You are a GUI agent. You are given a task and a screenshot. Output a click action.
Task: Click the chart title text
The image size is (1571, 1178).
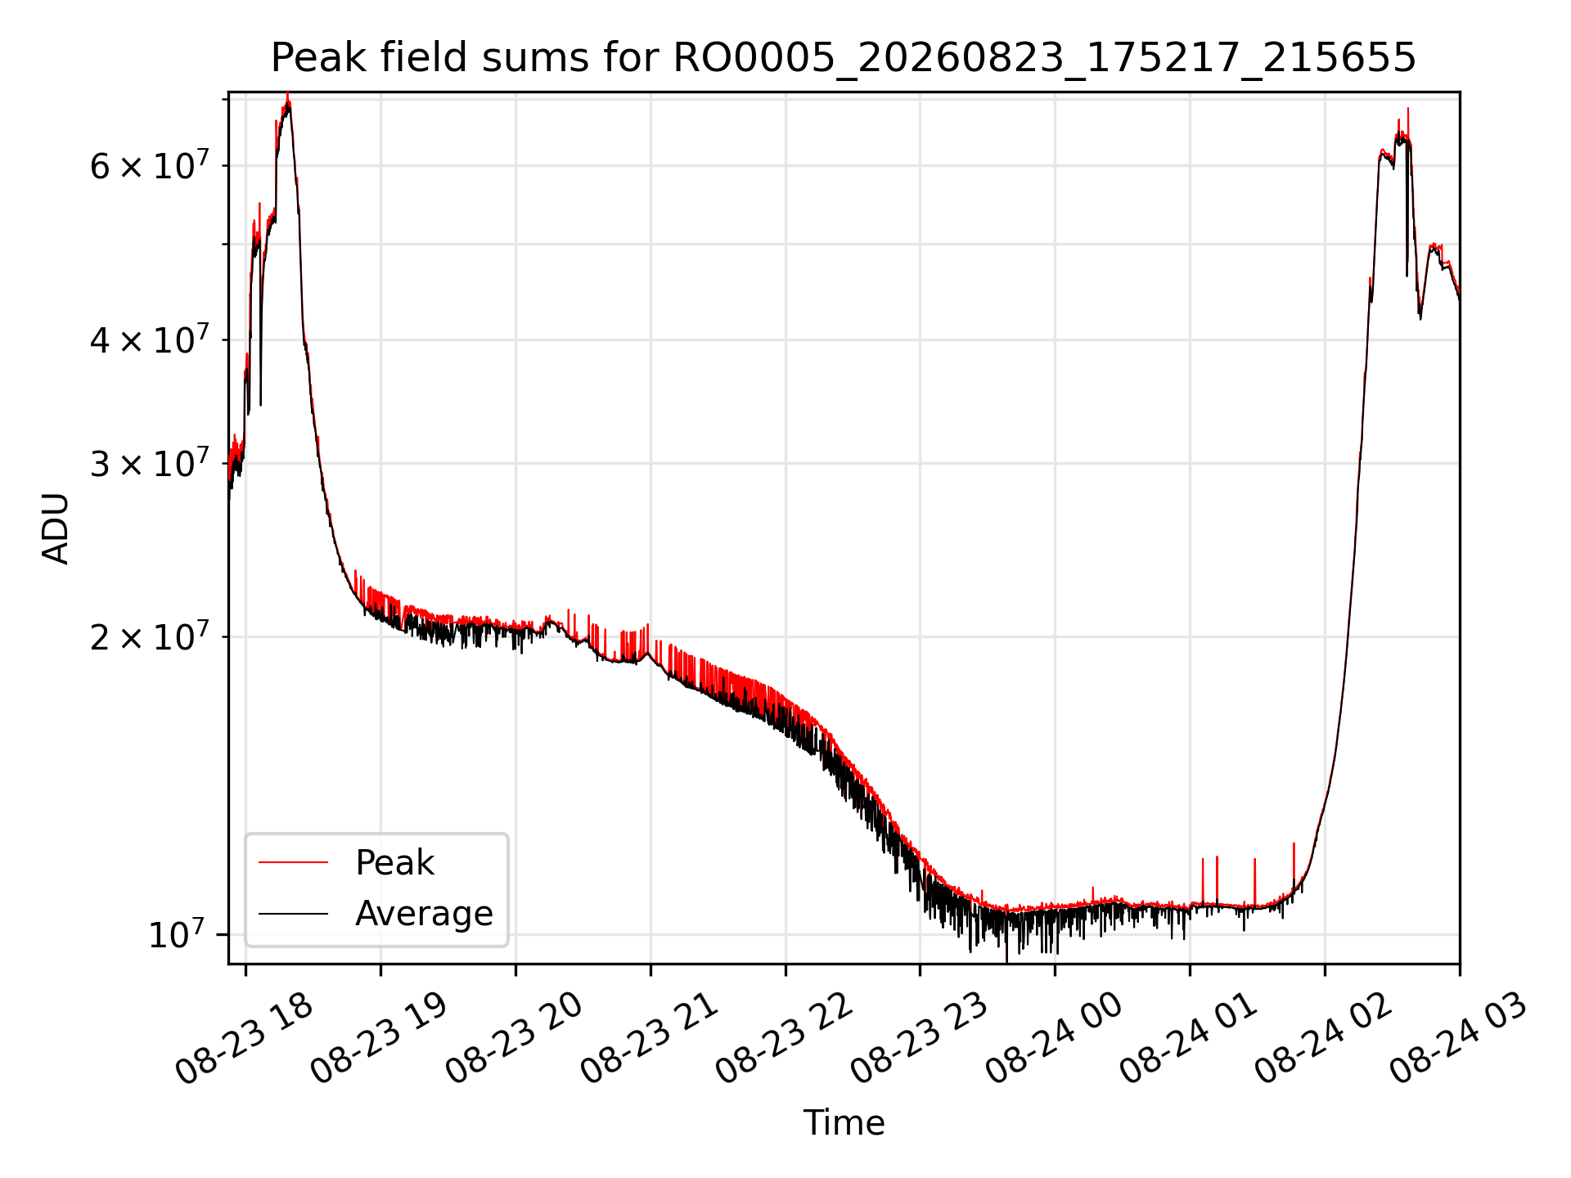click(843, 58)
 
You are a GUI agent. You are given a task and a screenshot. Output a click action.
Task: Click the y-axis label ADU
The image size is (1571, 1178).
click(56, 528)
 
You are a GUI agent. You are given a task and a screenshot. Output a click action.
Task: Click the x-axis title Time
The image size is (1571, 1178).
click(844, 1123)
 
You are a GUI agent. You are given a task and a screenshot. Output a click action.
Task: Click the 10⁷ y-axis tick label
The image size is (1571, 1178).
click(176, 933)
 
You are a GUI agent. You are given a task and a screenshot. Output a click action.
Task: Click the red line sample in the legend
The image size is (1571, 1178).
click(293, 862)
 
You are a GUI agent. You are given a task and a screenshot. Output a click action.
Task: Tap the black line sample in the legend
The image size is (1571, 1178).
click(293, 913)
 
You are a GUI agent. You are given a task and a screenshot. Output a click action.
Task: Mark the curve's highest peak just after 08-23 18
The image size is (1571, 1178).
click(287, 95)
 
